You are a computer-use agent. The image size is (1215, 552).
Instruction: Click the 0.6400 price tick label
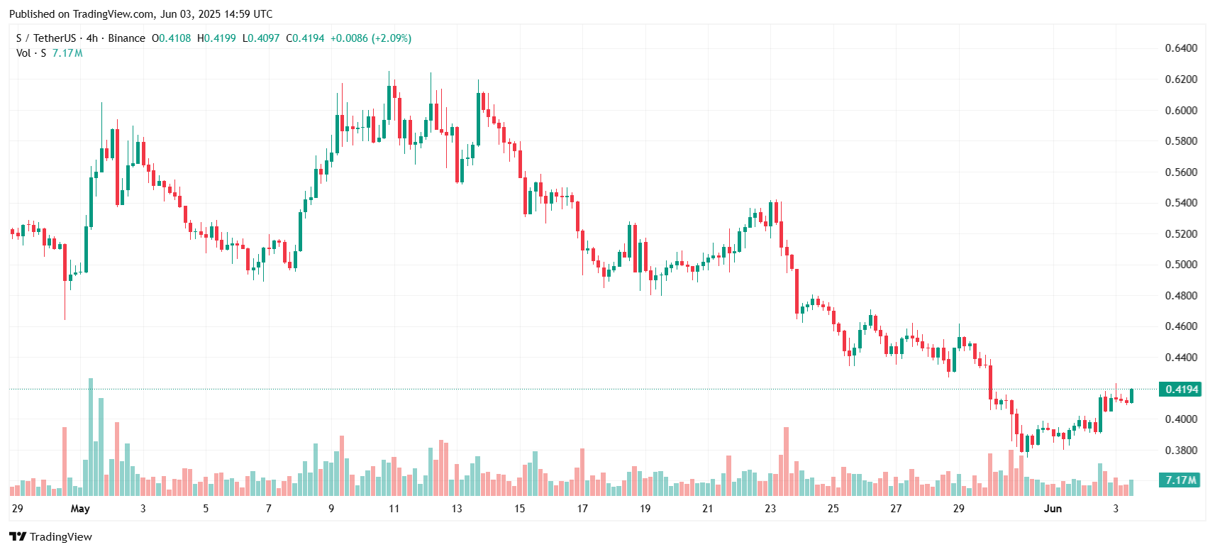(1181, 48)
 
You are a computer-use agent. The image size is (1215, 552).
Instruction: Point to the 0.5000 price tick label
(1181, 265)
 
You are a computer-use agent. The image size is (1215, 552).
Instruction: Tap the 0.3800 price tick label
(1181, 450)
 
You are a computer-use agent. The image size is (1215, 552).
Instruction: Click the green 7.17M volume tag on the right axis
(1180, 480)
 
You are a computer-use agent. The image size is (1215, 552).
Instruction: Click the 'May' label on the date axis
(80, 509)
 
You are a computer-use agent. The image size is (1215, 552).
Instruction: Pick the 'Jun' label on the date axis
(1053, 509)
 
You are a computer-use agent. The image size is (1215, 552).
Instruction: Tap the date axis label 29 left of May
(18, 509)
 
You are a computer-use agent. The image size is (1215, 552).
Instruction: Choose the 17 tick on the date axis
(582, 509)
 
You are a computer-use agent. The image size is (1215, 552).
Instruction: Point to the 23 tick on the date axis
(770, 509)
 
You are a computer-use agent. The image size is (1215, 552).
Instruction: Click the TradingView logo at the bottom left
(50, 536)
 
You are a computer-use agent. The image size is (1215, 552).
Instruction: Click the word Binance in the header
(126, 38)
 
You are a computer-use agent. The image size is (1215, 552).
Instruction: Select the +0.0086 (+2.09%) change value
(371, 38)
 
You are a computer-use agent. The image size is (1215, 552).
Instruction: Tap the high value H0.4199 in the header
(216, 38)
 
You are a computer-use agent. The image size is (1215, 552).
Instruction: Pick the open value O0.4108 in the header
(172, 38)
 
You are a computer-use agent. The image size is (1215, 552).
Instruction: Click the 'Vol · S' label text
(31, 53)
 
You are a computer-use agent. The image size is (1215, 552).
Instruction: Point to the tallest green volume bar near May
(91, 436)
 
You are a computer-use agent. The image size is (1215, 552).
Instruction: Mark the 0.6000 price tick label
(1181, 110)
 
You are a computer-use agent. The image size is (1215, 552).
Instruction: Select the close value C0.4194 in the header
(305, 38)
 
